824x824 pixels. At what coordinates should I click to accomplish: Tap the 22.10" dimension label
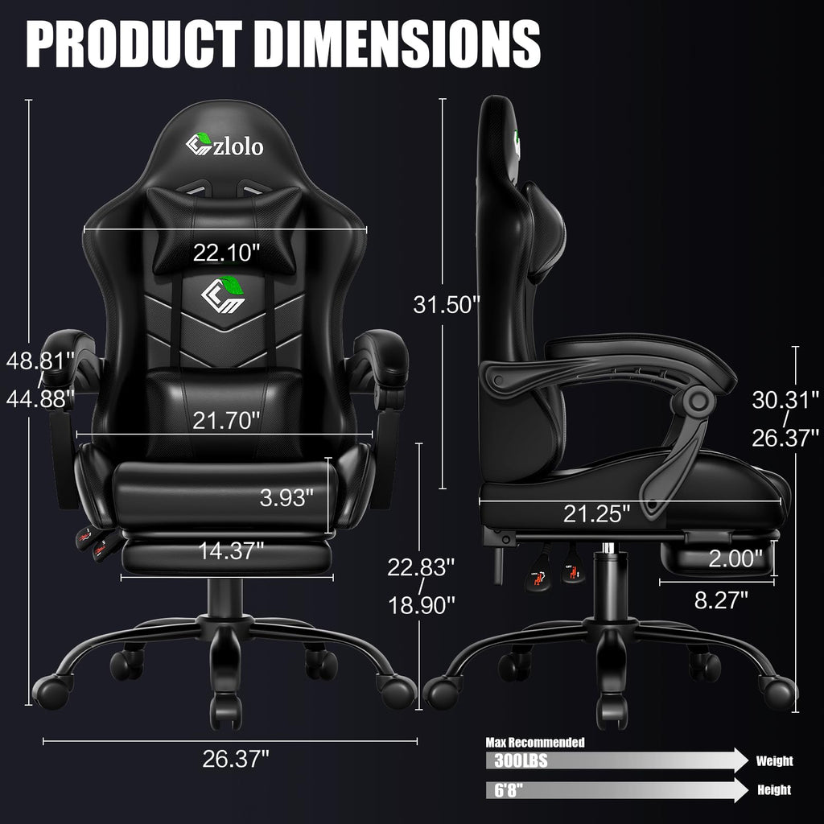tap(226, 253)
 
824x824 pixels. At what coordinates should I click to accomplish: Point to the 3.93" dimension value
tap(286, 497)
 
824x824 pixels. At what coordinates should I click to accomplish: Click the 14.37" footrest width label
tap(232, 551)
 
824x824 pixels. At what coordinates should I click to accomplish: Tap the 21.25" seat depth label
tap(597, 513)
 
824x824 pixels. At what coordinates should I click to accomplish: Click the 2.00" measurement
tap(735, 558)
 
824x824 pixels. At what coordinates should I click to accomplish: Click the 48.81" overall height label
tap(40, 360)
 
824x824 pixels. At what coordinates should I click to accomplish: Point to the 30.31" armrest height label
tap(785, 399)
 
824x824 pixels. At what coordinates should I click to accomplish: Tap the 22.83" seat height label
tap(421, 567)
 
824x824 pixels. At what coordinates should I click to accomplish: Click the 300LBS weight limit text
tap(517, 761)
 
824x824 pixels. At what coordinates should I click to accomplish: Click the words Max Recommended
tap(534, 742)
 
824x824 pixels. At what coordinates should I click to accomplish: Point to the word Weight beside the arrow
tap(774, 761)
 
